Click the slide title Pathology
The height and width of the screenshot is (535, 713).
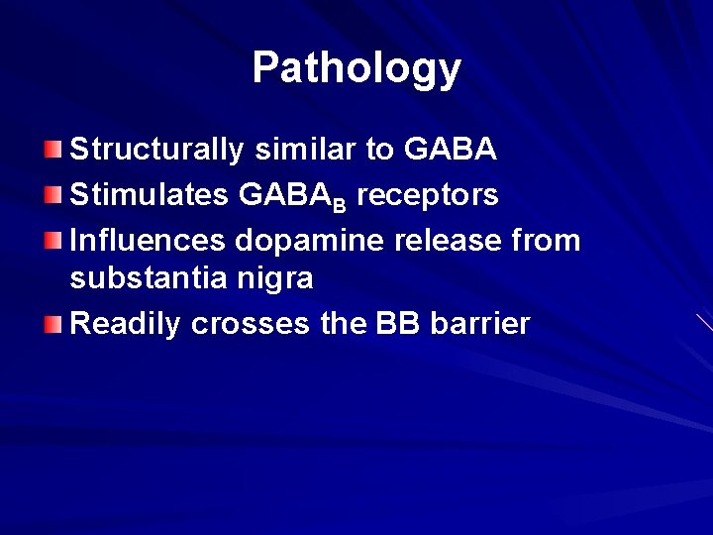356,68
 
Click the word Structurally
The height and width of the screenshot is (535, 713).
156,152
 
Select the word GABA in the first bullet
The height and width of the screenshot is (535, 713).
451,152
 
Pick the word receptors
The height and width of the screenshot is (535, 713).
428,194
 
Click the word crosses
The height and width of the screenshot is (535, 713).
249,323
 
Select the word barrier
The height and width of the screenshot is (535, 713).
481,323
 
